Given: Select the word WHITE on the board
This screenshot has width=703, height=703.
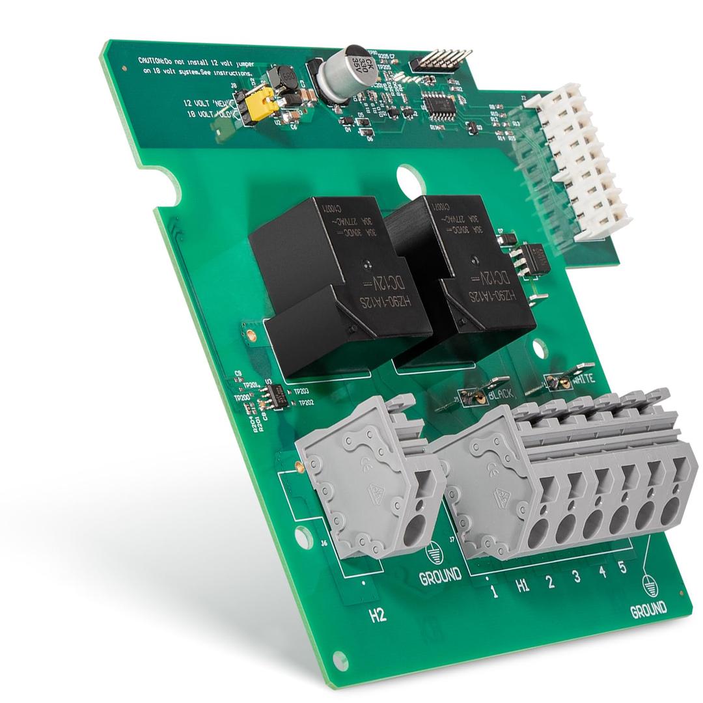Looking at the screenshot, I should pyautogui.click(x=581, y=378).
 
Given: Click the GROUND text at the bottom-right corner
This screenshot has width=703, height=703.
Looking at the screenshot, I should pyautogui.click(x=648, y=610).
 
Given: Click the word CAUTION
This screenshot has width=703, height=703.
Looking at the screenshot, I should pyautogui.click(x=152, y=60).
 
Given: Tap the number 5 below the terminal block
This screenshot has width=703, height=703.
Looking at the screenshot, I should pyautogui.click(x=622, y=568).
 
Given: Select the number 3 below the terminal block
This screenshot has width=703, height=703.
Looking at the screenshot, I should pyautogui.click(x=576, y=576).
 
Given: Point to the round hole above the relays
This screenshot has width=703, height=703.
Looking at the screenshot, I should pyautogui.click(x=411, y=179).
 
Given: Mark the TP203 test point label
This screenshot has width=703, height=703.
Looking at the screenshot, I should pyautogui.click(x=301, y=392).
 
